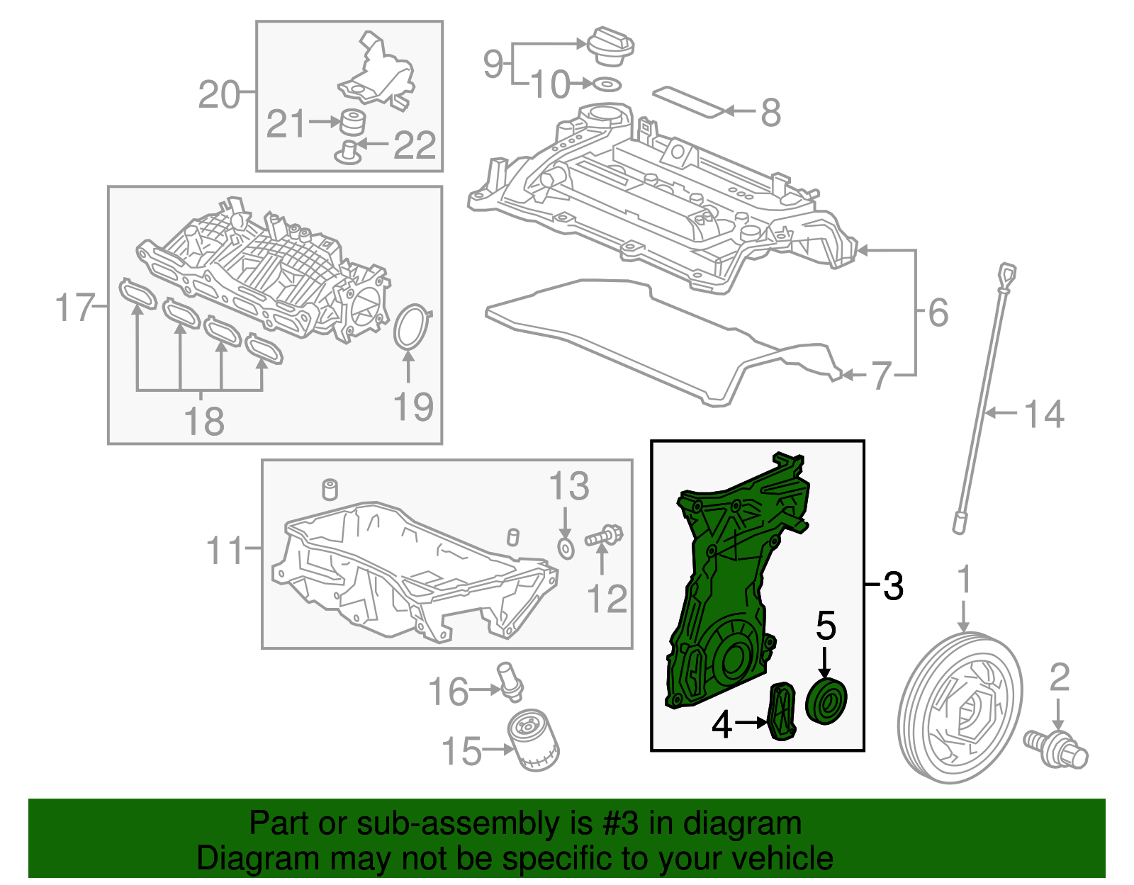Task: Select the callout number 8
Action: pyautogui.click(x=770, y=113)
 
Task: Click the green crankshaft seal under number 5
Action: pyautogui.click(x=826, y=701)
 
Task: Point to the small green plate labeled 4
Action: pyautogui.click(x=782, y=711)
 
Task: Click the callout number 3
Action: pyautogui.click(x=893, y=586)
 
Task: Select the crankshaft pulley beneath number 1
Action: pyautogui.click(x=960, y=707)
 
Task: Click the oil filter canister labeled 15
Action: pyautogui.click(x=534, y=741)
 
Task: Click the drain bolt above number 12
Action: pyautogui.click(x=604, y=536)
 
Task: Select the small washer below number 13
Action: pyautogui.click(x=566, y=548)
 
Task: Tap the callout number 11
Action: pyautogui.click(x=225, y=550)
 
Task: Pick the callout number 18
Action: pyautogui.click(x=203, y=421)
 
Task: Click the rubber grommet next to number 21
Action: pyautogui.click(x=352, y=122)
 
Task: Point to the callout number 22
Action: pyautogui.click(x=414, y=145)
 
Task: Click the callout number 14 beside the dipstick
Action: pyautogui.click(x=1044, y=415)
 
